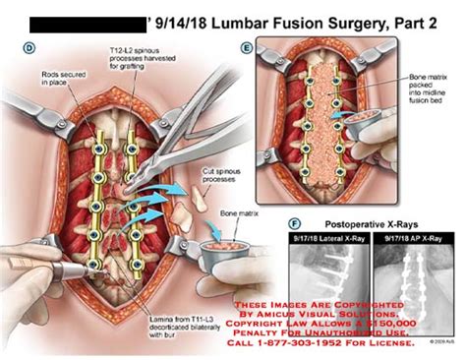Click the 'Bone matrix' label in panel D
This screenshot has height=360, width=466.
[x=237, y=211]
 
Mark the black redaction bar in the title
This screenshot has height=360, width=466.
[x=85, y=19]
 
